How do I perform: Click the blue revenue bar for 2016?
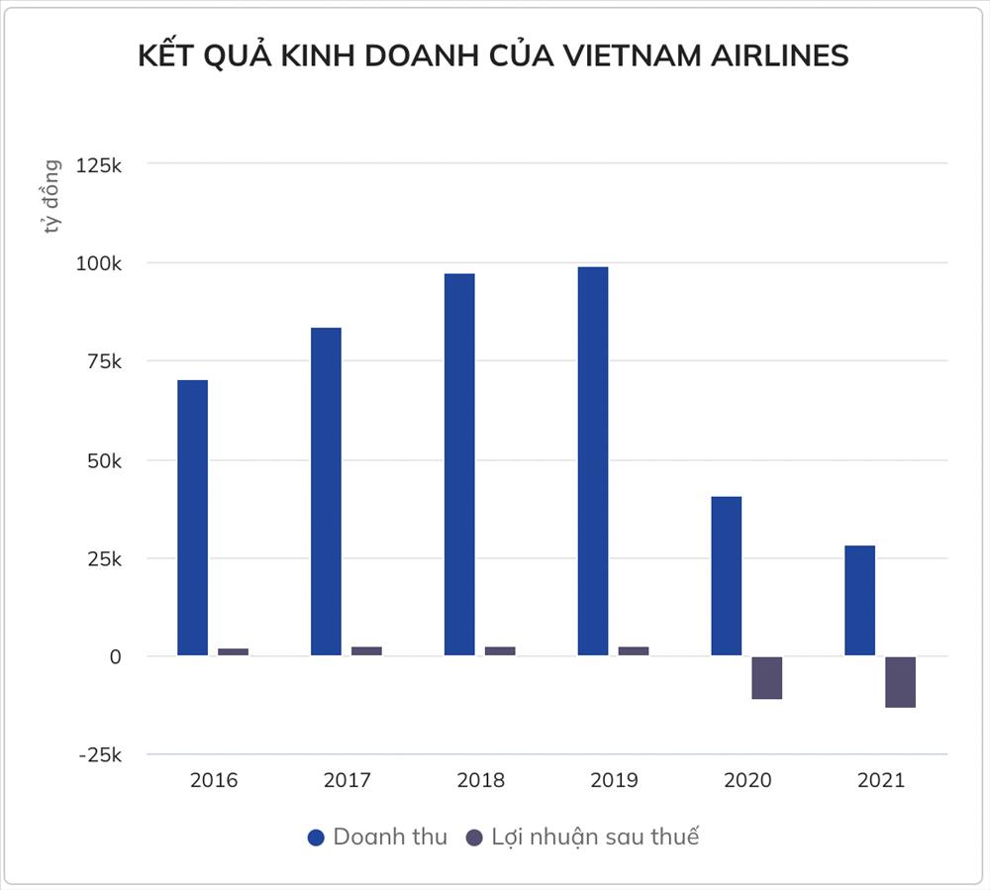[192, 517]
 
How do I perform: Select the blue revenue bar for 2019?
[593, 460]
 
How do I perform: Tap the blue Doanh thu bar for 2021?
[859, 600]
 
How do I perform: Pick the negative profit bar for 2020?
[766, 678]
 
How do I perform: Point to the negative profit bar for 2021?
[900, 682]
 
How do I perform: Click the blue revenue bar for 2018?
[459, 464]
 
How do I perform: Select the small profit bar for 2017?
[366, 650]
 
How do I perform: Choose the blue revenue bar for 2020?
[726, 575]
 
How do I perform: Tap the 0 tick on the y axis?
[115, 656]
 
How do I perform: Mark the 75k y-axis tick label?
[102, 361]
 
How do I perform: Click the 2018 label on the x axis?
[480, 780]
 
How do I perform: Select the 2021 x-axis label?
[880, 780]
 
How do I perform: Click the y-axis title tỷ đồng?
[51, 197]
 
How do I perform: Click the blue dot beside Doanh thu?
[317, 838]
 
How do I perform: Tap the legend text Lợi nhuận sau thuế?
[595, 837]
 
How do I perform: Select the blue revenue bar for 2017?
[326, 491]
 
